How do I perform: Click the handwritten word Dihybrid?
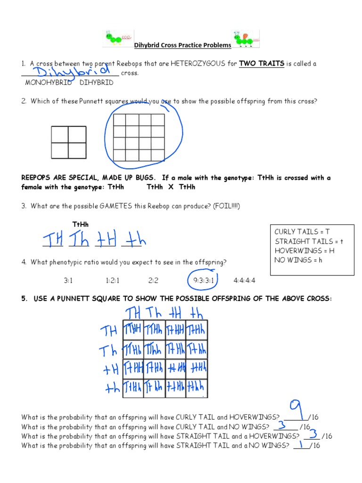click(71, 72)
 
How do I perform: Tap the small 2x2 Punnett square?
click(69, 142)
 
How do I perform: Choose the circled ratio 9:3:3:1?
click(204, 280)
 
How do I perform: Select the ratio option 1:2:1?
click(113, 280)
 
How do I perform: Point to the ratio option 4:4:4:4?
click(244, 280)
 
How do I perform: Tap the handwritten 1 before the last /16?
click(301, 444)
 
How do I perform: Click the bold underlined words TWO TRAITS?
click(262, 64)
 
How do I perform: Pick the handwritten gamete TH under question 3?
click(53, 240)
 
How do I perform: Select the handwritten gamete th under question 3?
click(134, 241)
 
